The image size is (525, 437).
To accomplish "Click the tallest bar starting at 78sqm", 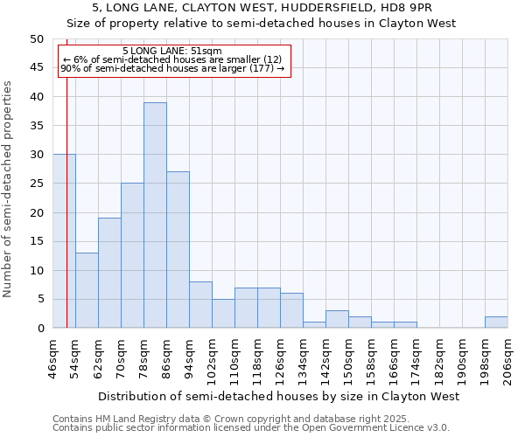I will tap(155, 215).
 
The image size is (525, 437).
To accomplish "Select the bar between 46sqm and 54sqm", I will tap(64, 241).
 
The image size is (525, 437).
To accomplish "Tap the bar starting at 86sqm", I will tap(178, 250).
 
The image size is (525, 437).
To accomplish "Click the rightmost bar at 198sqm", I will tap(496, 323).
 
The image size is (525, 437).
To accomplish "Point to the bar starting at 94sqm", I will tap(200, 305).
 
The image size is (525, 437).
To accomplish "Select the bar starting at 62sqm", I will tap(109, 273).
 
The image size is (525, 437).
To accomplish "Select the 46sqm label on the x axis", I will tap(53, 358).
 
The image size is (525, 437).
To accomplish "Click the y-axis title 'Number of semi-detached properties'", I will tap(9, 189).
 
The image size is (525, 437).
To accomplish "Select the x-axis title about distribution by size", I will tap(278, 397).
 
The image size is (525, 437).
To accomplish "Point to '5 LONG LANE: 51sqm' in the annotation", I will tap(172, 51).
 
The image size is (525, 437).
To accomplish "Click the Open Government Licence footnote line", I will tap(251, 428).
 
